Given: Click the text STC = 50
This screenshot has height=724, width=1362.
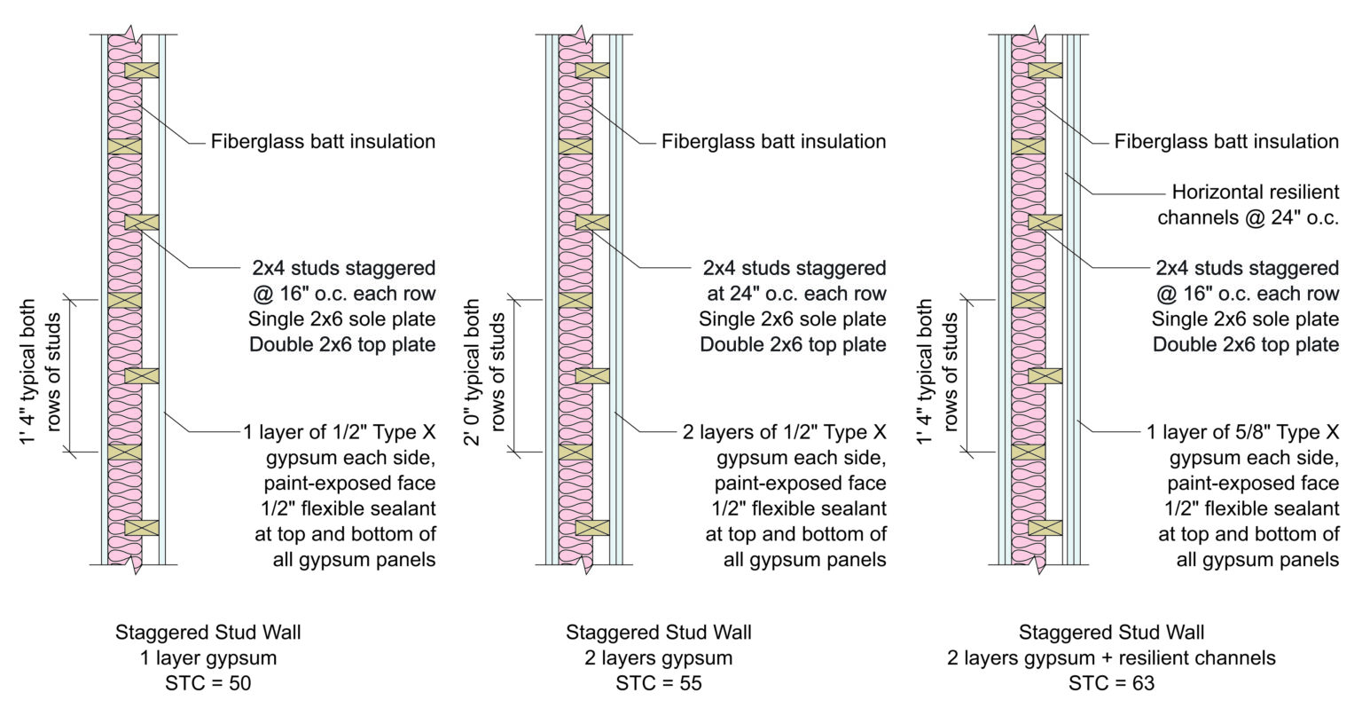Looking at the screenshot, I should [x=207, y=683].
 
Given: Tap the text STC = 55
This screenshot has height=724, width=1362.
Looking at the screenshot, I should [x=659, y=683].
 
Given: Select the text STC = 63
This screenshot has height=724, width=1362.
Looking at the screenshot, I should [x=1111, y=683].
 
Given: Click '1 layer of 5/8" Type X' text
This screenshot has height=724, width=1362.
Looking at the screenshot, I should [x=1242, y=433].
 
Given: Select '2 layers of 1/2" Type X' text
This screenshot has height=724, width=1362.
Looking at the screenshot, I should [x=785, y=433].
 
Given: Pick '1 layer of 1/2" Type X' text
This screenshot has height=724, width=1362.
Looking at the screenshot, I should [x=340, y=433].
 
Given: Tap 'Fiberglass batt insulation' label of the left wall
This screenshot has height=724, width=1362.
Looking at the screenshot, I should [x=323, y=141].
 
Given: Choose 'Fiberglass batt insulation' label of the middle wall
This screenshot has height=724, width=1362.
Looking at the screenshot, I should [x=773, y=141].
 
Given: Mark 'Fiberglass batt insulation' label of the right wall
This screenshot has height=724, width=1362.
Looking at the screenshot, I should [x=1226, y=141].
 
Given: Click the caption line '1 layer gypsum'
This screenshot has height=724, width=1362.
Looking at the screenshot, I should [x=207, y=658].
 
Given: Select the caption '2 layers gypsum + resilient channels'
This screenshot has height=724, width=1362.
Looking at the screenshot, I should [x=1111, y=658].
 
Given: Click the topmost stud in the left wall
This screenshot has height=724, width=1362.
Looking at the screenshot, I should [x=142, y=70].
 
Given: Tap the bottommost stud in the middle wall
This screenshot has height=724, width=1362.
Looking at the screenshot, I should [x=592, y=528].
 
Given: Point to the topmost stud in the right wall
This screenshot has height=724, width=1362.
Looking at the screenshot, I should [x=1045, y=70].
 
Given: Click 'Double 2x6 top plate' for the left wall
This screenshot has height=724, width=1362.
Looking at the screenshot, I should [x=342, y=344].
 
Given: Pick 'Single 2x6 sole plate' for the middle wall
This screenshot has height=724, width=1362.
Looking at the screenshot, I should [x=793, y=319].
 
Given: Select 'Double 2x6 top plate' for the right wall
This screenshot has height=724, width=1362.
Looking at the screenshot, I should [x=1245, y=344].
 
